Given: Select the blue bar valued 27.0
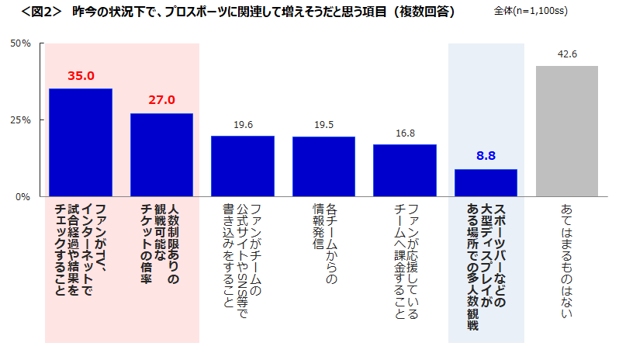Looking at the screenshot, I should [161, 154].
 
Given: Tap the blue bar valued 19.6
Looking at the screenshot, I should [243, 165].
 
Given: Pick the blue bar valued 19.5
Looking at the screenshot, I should [323, 166].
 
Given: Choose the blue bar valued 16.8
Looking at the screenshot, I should [405, 170].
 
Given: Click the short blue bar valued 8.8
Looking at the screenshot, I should [486, 182].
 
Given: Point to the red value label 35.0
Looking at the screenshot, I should [81, 76].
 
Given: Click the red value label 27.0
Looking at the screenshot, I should [161, 100].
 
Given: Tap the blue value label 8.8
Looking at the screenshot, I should [486, 156].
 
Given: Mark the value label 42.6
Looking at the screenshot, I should [567, 54].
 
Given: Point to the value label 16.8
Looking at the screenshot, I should [405, 133].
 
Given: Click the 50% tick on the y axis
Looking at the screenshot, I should [20, 43].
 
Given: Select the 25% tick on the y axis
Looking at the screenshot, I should [20, 120].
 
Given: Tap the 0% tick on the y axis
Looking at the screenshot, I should [23, 196].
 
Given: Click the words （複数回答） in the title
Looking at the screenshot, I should [423, 12].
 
